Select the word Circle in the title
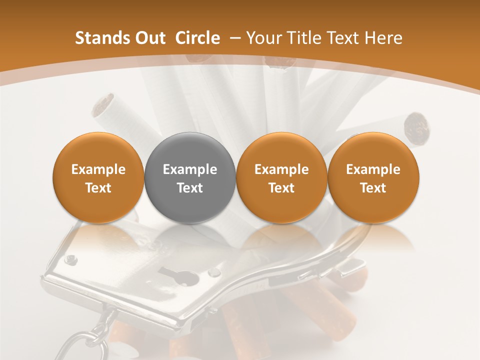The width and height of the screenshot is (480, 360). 197,38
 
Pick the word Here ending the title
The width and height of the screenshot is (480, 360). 383,38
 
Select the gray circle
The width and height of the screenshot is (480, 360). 190,177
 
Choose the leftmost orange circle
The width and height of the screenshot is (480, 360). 98,177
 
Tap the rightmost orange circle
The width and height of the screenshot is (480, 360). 373,177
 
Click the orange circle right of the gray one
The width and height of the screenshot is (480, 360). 281,177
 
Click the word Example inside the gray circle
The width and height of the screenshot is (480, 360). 190,169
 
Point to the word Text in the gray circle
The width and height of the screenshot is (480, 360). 190,188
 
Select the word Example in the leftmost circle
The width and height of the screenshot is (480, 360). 98,169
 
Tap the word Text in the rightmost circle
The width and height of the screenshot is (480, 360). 373,188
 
